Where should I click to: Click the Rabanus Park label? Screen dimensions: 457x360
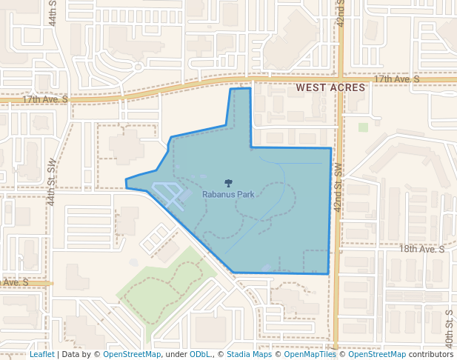(x=228, y=194)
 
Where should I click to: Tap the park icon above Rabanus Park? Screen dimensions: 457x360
(x=228, y=183)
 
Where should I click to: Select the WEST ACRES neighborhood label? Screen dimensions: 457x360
(x=330, y=87)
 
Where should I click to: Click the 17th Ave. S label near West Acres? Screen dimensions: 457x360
(x=396, y=79)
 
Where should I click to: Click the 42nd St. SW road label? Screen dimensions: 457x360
(x=338, y=189)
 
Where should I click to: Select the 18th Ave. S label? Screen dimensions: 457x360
(x=421, y=250)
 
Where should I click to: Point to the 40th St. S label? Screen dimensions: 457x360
(x=450, y=326)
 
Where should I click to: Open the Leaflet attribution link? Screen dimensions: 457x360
(x=41, y=354)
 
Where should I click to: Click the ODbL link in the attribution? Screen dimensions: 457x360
(x=200, y=354)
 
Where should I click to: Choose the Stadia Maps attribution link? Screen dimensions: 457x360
(x=249, y=354)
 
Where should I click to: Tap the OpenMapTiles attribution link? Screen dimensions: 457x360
(x=310, y=354)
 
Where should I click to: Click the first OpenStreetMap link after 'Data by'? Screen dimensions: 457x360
(x=132, y=354)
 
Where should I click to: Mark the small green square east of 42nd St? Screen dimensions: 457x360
(x=363, y=127)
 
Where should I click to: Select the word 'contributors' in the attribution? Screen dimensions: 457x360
(x=431, y=354)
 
